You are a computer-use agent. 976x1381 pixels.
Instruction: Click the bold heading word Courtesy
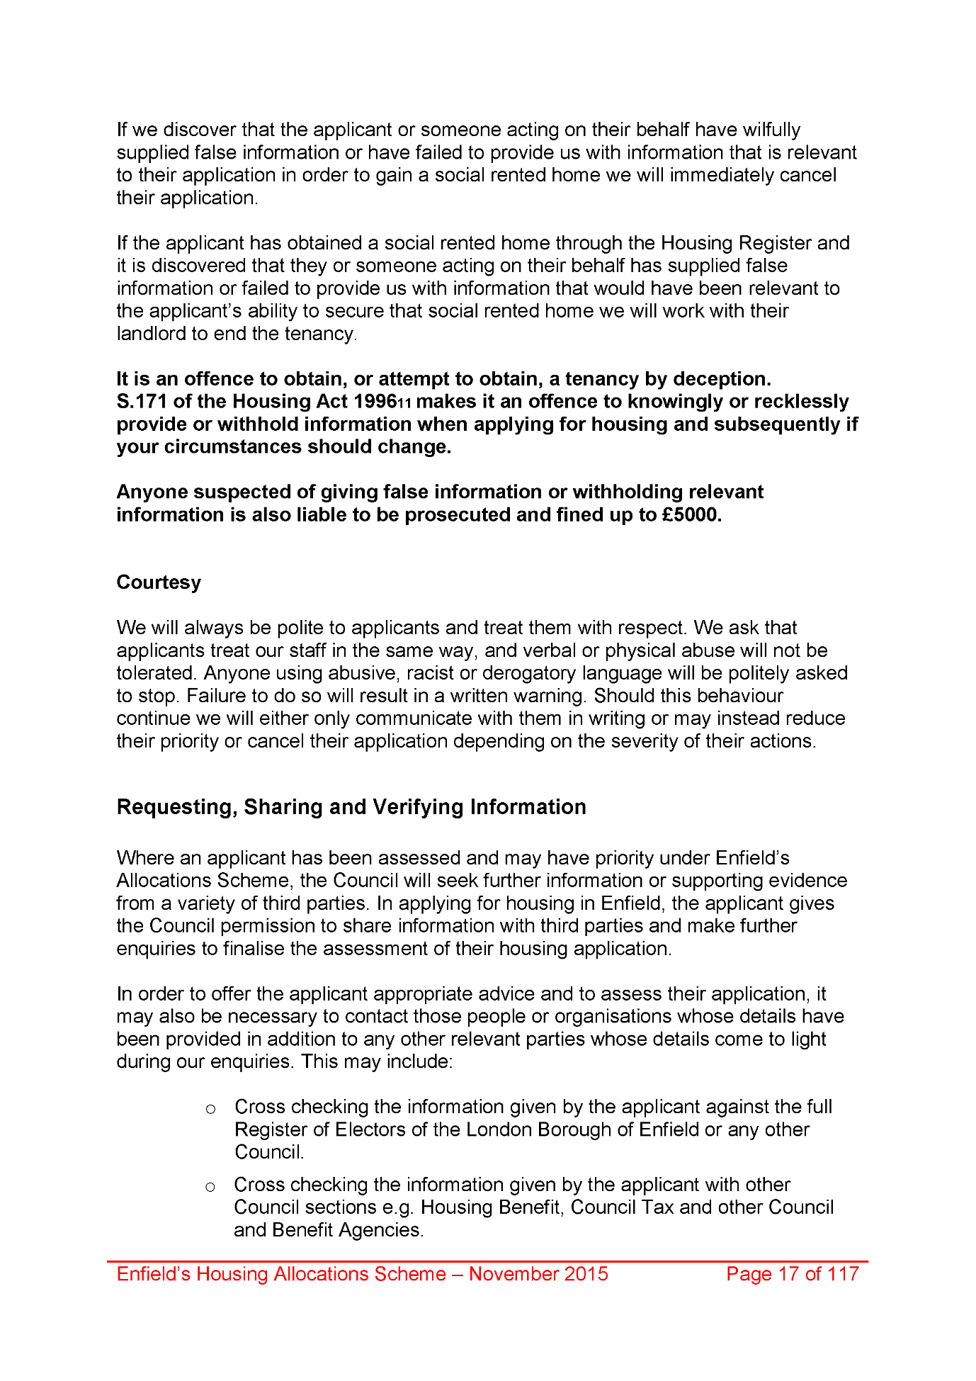tap(159, 582)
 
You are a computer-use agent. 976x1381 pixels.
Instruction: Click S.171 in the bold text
tap(142, 402)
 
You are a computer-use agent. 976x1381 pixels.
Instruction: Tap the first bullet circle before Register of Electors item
tap(210, 1109)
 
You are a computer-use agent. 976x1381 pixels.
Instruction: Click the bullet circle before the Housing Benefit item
tap(210, 1187)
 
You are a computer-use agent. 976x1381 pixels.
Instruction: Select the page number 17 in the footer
tap(788, 1274)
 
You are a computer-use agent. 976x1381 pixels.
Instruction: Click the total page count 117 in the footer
tap(843, 1274)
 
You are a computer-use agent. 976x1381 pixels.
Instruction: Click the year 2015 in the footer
tap(586, 1274)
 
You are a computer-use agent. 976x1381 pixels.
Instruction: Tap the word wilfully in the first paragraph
tap(771, 130)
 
